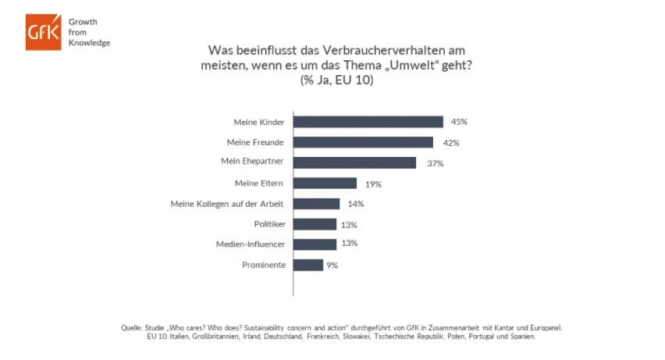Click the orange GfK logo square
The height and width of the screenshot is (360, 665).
(x=42, y=31)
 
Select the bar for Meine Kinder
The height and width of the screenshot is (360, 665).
(x=368, y=122)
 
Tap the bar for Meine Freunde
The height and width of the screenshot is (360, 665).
(x=363, y=142)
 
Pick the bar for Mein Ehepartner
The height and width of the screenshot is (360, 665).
(x=354, y=162)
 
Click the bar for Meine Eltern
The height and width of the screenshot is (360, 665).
(x=325, y=184)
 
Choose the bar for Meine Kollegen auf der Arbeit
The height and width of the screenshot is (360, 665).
(x=316, y=204)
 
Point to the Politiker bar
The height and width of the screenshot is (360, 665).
(x=315, y=224)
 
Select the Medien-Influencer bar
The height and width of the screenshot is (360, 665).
(x=315, y=244)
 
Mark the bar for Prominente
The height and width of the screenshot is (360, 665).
(x=308, y=265)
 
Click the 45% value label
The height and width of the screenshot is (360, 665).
(x=459, y=122)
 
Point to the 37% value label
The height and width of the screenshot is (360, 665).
(x=435, y=163)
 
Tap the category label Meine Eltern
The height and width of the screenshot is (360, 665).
(x=260, y=184)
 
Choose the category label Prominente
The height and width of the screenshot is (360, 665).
(x=263, y=265)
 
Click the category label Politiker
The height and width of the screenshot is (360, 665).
(x=269, y=224)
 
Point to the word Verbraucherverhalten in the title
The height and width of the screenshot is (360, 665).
(x=372, y=51)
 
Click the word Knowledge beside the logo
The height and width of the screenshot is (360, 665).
(x=90, y=42)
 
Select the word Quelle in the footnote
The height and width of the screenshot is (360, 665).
(x=132, y=327)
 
